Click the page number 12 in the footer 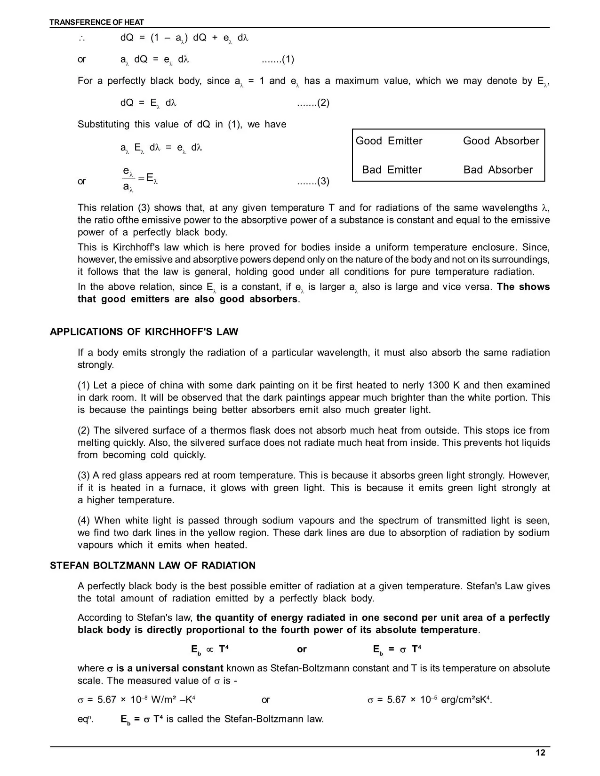coord(540,752)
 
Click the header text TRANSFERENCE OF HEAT coord(97,22)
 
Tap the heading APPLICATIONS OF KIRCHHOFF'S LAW coord(144,332)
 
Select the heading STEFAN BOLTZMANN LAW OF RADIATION coord(153,565)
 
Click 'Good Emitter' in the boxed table coord(389,141)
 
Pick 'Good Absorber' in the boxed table coord(501,141)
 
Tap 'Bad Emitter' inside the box coord(392,170)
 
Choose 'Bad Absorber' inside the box coord(498,170)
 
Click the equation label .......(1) coord(278,59)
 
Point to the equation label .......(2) coord(313,103)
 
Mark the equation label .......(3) coord(313,181)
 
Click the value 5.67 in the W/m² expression coord(106,700)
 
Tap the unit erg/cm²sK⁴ coord(466,700)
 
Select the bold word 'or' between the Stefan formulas coord(302,649)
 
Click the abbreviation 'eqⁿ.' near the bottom coord(85,719)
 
